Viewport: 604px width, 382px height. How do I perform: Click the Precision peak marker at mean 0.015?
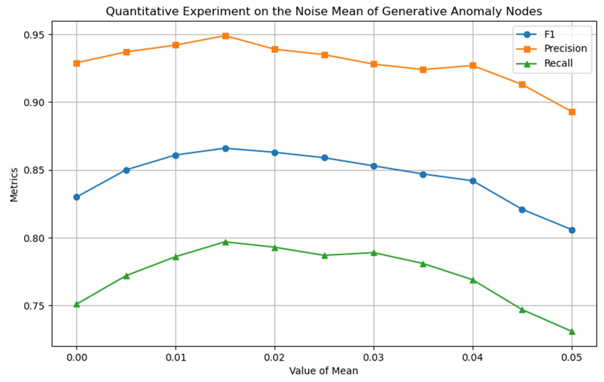pyautogui.click(x=225, y=36)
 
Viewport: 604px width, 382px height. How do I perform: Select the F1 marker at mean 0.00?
pyautogui.click(x=77, y=197)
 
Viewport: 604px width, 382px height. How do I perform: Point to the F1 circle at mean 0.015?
pyautogui.click(x=225, y=148)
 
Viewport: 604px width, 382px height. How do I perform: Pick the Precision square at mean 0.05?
pyautogui.click(x=572, y=112)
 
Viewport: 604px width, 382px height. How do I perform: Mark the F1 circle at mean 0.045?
pyautogui.click(x=522, y=210)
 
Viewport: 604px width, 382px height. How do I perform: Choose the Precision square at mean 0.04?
pyautogui.click(x=473, y=66)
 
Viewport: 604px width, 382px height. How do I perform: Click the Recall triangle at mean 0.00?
pyautogui.click(x=77, y=304)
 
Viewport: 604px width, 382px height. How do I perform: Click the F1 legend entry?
pyautogui.click(x=549, y=35)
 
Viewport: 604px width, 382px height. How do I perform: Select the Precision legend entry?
pyautogui.click(x=565, y=49)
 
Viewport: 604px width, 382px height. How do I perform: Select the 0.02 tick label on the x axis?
pyautogui.click(x=275, y=358)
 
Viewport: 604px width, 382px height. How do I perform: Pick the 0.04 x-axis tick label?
pyautogui.click(x=473, y=358)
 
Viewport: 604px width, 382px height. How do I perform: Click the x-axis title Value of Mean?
pyautogui.click(x=324, y=371)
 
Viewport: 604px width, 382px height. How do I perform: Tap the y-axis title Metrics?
pyautogui.click(x=14, y=184)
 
